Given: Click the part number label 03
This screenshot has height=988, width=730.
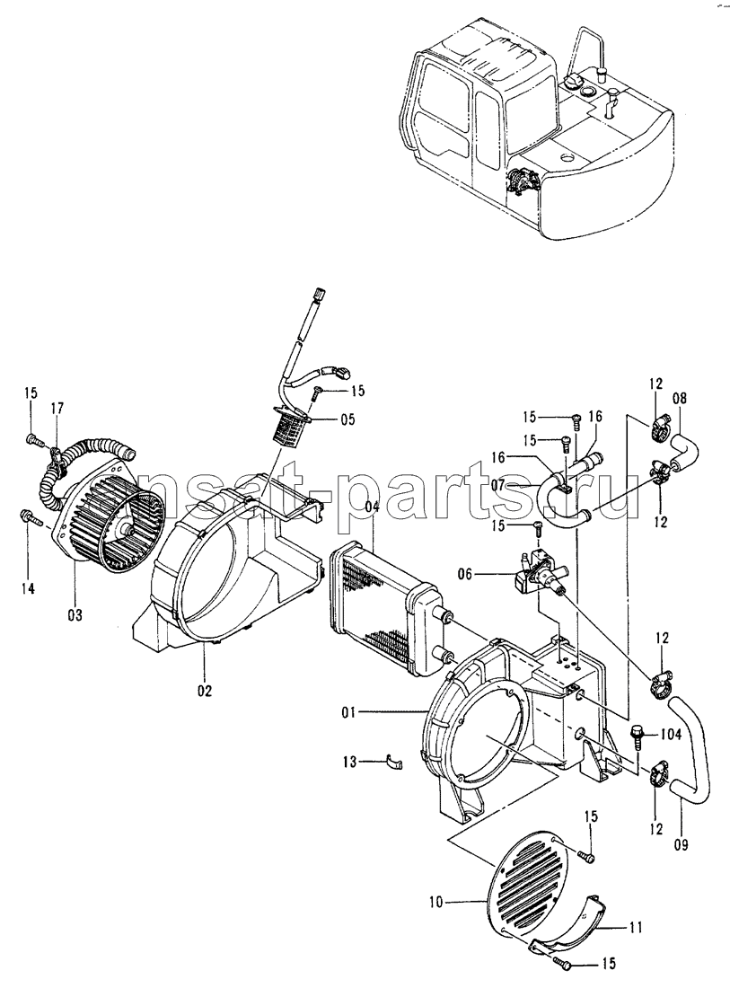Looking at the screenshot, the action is tap(75, 615).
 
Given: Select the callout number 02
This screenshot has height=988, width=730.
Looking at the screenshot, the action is tap(204, 691).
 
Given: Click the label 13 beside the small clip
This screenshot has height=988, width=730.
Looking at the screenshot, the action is tap(348, 762).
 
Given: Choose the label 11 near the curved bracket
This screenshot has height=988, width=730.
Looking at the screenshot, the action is tap(635, 927).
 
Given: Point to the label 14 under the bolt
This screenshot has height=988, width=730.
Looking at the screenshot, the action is tap(27, 588).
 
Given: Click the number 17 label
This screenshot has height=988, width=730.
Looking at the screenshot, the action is tap(56, 409).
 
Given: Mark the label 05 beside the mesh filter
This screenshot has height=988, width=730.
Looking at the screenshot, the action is tap(347, 419).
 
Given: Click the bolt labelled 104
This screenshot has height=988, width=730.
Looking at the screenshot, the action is tap(637, 737).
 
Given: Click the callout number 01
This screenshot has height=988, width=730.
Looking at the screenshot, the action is tap(349, 712).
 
